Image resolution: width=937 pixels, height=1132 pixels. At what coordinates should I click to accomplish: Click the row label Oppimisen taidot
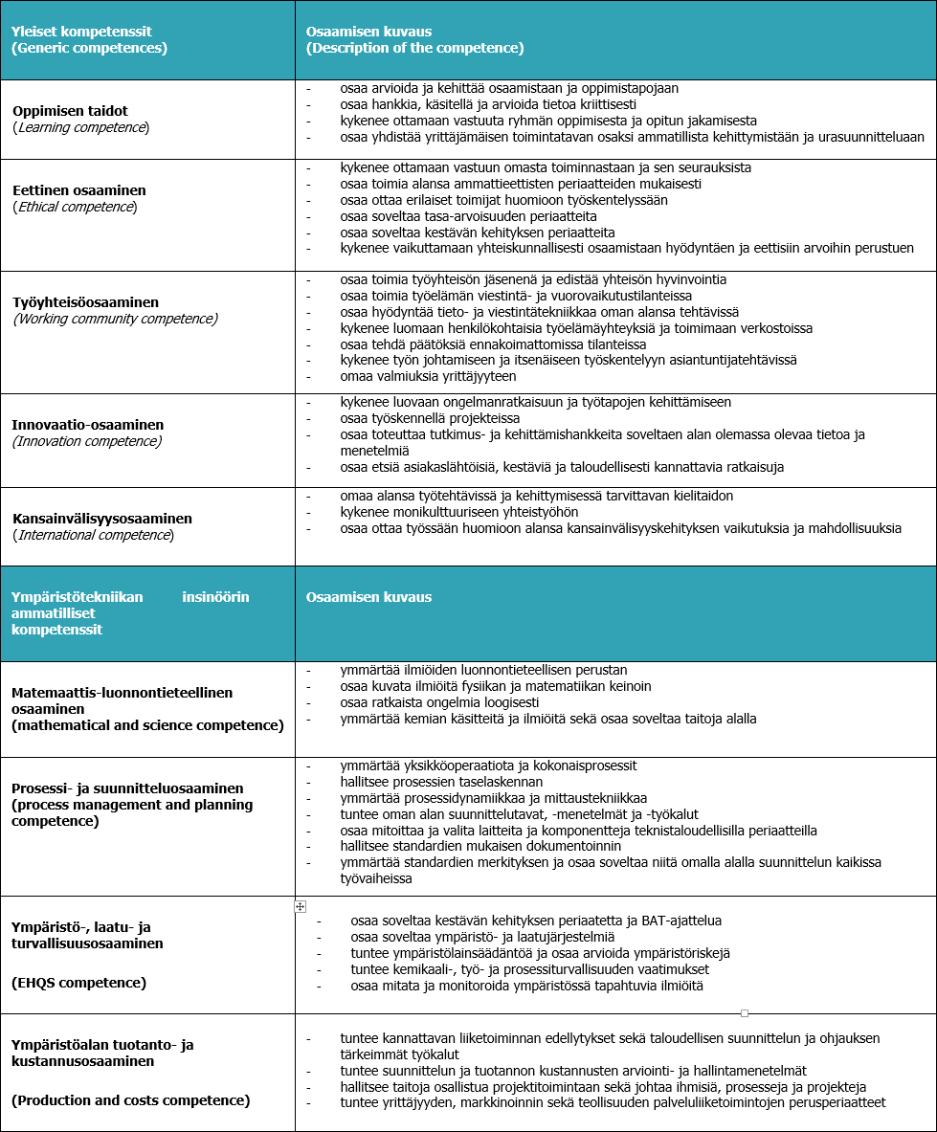[70, 111]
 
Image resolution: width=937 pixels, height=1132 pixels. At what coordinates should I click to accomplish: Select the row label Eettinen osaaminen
[78, 190]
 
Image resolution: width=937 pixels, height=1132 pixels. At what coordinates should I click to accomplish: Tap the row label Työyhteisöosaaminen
[85, 302]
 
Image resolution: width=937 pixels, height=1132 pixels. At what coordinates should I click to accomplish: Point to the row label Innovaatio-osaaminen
[88, 424]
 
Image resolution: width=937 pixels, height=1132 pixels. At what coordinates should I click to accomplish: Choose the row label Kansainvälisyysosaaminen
[102, 519]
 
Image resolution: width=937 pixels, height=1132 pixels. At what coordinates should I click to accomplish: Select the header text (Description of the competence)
[414, 48]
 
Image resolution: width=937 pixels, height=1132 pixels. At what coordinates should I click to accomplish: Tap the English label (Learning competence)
[81, 127]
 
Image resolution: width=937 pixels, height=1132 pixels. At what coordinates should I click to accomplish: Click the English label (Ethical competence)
[75, 207]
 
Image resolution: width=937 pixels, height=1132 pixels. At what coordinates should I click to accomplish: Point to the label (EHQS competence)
[78, 983]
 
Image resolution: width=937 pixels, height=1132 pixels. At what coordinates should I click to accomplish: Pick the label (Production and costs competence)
[131, 1100]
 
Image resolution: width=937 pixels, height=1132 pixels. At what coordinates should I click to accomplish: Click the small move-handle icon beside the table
[300, 906]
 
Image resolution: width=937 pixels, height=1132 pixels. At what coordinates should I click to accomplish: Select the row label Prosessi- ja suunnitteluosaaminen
[127, 788]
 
